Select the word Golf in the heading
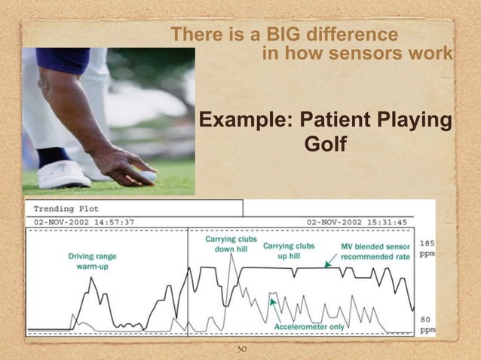[x=325, y=143]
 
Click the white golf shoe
[x=65, y=175]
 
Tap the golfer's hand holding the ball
[x=124, y=163]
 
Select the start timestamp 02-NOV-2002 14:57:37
[x=84, y=222]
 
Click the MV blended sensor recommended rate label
[x=375, y=251]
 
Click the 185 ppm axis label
[x=427, y=249]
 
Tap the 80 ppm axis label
[x=427, y=324]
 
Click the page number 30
[x=242, y=349]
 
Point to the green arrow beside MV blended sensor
[x=329, y=261]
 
